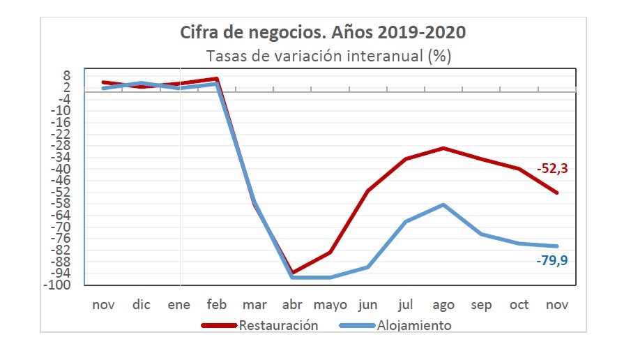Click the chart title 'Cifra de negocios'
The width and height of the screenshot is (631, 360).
323,32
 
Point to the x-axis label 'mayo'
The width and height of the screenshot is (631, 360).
330,305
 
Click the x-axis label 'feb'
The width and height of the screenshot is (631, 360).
217,305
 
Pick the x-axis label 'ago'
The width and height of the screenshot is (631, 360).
443,305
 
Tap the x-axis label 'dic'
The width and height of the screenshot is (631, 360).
142,305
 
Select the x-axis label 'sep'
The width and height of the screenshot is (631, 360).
481,305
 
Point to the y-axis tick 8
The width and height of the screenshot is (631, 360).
67,75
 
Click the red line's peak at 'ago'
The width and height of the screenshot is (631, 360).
443,148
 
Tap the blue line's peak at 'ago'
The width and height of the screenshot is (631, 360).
443,204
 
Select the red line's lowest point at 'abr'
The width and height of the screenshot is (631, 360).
292,272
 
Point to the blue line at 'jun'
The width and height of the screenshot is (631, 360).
367,267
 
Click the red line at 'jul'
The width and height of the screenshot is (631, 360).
406,159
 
